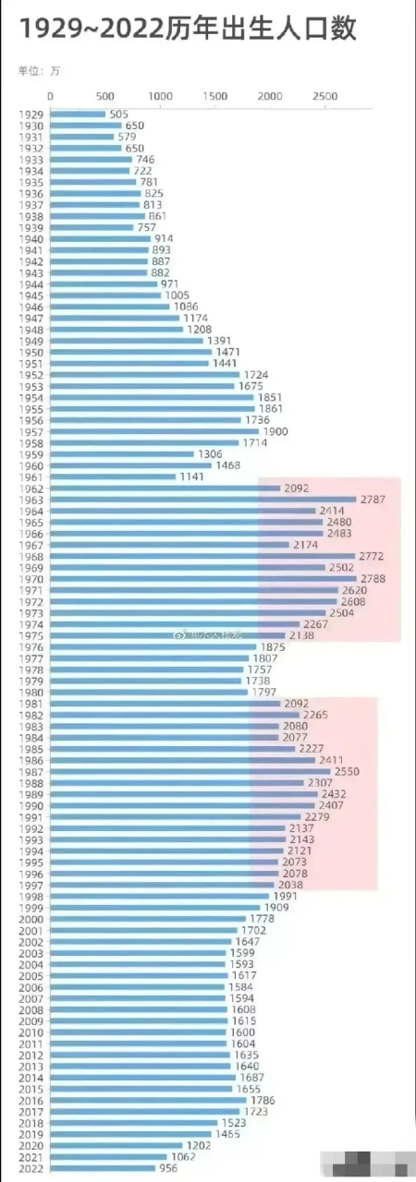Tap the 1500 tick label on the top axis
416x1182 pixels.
click(x=214, y=97)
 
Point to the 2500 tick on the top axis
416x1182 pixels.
click(x=324, y=97)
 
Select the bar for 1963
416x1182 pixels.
click(x=202, y=500)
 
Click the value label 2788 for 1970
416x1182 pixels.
click(x=373, y=579)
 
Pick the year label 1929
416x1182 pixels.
click(x=29, y=115)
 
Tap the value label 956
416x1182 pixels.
click(x=168, y=1168)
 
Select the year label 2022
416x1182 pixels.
click(x=29, y=1168)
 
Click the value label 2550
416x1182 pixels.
click(x=347, y=771)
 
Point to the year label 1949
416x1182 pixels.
click(x=29, y=341)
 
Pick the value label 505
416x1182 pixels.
click(x=118, y=115)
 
